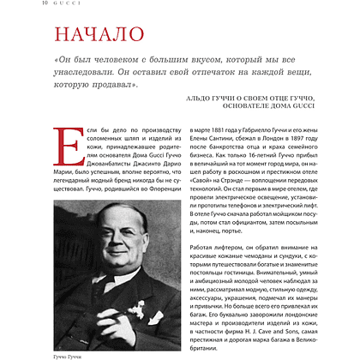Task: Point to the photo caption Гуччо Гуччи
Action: point(73,353)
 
